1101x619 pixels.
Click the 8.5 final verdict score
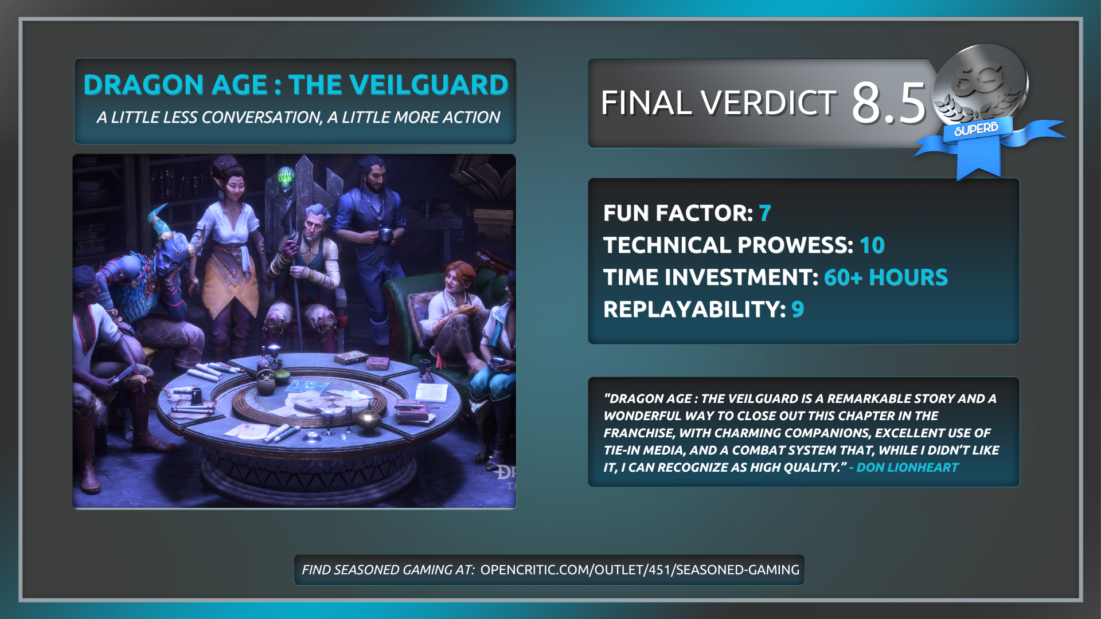coord(888,103)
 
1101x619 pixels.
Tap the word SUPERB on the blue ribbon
coord(976,129)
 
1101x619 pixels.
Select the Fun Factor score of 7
coord(765,213)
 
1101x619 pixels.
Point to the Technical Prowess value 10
coord(872,245)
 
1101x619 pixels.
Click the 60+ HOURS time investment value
coord(886,277)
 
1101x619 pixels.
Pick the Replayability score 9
coord(798,309)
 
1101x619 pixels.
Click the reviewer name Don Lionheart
coord(907,468)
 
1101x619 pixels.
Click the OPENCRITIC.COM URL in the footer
coord(640,570)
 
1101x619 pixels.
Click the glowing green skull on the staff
coord(286,176)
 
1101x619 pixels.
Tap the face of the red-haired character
coord(454,280)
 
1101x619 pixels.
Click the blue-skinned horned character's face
coord(167,261)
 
